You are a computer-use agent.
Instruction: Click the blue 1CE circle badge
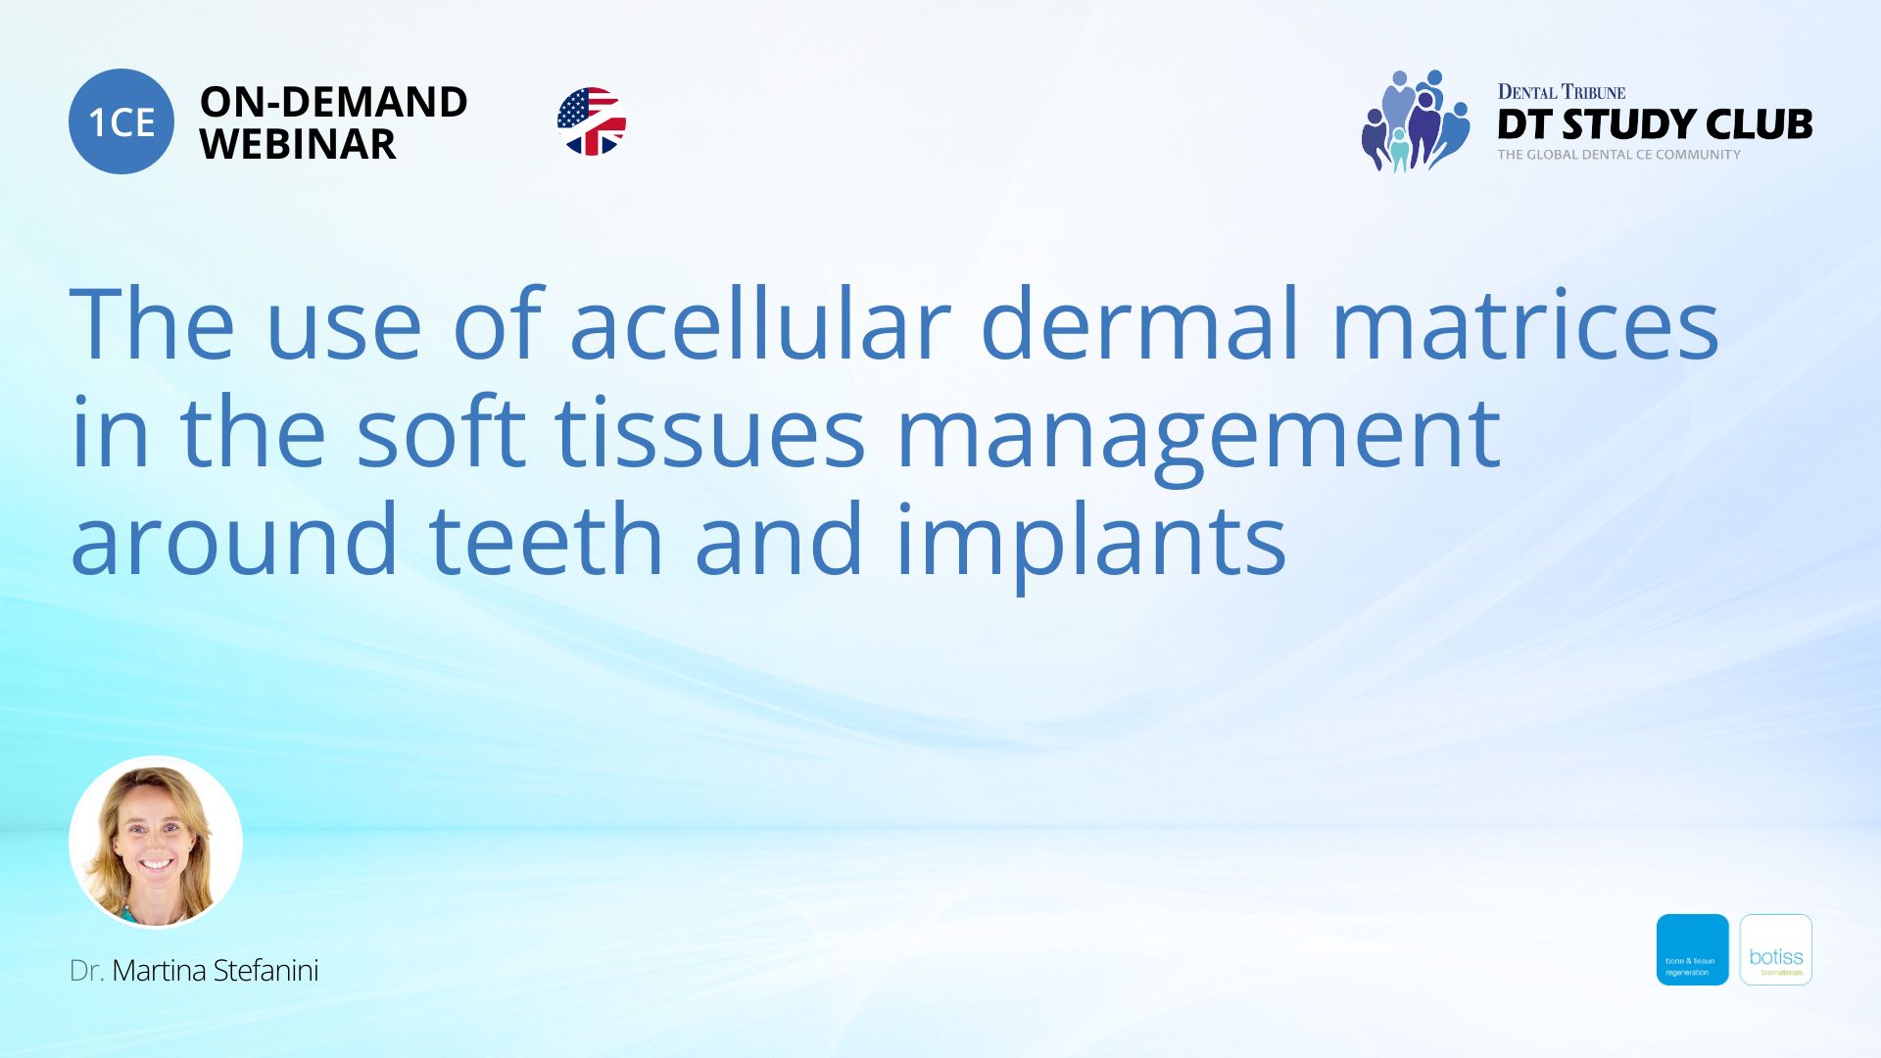coord(121,121)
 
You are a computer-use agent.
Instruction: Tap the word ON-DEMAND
coord(333,102)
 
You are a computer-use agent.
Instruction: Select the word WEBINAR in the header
coord(298,145)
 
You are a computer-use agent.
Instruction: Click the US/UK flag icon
coord(592,121)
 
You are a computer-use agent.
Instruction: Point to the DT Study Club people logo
coord(1415,121)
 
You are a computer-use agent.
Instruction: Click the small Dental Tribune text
coord(1561,92)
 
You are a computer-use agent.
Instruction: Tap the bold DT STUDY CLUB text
coord(1655,124)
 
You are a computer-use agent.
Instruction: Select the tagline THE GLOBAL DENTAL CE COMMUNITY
coord(1618,155)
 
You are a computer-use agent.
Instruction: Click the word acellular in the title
coord(759,323)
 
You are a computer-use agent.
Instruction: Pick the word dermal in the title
coord(1139,323)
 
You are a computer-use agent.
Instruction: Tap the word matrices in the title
coord(1524,323)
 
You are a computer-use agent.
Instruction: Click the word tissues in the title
coord(710,433)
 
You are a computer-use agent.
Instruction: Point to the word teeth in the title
coord(546,540)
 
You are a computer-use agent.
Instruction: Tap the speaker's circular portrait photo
coord(156,842)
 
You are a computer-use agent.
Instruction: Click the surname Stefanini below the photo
coord(265,971)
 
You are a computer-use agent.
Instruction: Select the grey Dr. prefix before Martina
coord(86,971)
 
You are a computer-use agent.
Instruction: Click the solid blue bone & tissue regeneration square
coord(1692,949)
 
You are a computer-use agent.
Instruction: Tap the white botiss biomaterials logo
coord(1775,949)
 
